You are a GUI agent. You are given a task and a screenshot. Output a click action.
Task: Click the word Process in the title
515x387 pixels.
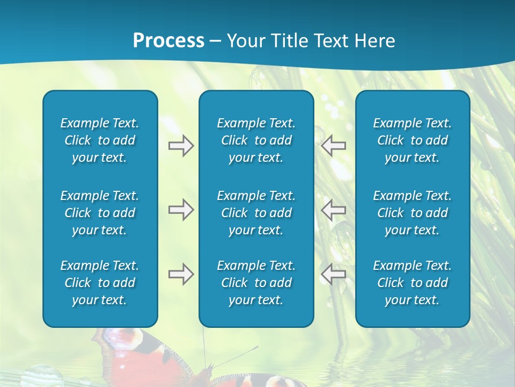pyautogui.click(x=168, y=41)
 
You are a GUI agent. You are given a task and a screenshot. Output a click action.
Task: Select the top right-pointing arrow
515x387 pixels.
pyautogui.click(x=181, y=146)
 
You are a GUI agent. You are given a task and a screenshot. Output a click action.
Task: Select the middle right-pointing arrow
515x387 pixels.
pyautogui.click(x=181, y=210)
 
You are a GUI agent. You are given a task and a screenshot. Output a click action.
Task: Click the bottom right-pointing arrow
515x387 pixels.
pyautogui.click(x=181, y=274)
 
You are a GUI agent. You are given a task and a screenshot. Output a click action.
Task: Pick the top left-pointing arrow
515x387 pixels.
pyautogui.click(x=333, y=146)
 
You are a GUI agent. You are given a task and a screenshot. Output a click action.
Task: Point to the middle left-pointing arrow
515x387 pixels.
pyautogui.click(x=333, y=210)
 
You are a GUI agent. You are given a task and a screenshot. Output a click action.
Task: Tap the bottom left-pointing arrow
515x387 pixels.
pyautogui.click(x=333, y=274)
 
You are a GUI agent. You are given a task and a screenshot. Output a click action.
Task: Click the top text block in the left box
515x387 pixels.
pyautogui.click(x=100, y=140)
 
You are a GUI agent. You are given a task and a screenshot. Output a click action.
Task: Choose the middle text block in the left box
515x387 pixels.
pyautogui.click(x=100, y=213)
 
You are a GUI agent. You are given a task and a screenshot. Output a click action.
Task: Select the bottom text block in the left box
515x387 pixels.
pyautogui.click(x=100, y=283)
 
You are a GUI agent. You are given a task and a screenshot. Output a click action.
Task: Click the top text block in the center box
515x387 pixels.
pyautogui.click(x=256, y=140)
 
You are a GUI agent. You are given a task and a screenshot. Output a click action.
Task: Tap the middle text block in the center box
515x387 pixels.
pyautogui.click(x=256, y=213)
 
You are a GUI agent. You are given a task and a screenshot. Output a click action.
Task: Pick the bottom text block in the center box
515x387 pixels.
pyautogui.click(x=256, y=283)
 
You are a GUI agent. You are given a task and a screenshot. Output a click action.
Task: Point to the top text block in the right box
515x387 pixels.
pyautogui.click(x=412, y=140)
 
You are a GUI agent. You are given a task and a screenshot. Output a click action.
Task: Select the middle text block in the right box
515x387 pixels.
pyautogui.click(x=412, y=213)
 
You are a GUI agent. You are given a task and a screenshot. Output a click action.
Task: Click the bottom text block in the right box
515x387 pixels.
pyautogui.click(x=412, y=283)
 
